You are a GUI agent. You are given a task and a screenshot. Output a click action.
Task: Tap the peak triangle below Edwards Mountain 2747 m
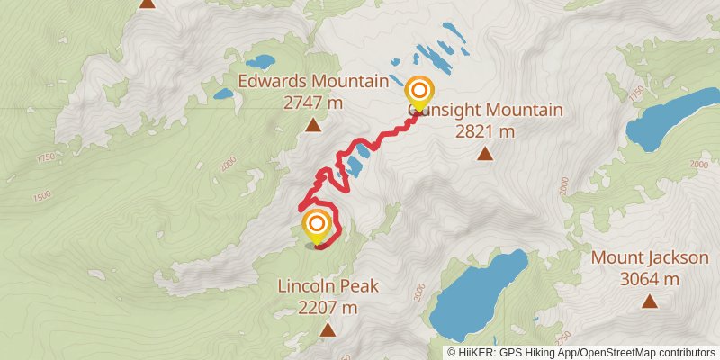pyautogui.click(x=312, y=125)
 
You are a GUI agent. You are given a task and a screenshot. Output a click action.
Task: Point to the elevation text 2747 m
pyautogui.click(x=313, y=103)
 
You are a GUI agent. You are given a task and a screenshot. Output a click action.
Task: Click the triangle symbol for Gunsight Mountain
pyautogui.click(x=485, y=154)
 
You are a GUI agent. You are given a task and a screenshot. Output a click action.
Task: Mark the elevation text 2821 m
pyautogui.click(x=484, y=131)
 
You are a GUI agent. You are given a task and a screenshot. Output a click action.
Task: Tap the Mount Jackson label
pyautogui.click(x=650, y=259)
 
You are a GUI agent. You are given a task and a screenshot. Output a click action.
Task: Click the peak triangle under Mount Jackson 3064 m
pyautogui.click(x=649, y=301)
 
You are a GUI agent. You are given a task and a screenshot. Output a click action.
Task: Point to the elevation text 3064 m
pyautogui.click(x=650, y=279)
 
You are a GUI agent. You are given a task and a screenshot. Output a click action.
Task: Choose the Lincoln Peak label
pyautogui.click(x=328, y=288)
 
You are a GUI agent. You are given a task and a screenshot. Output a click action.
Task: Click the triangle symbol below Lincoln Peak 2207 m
pyautogui.click(x=328, y=330)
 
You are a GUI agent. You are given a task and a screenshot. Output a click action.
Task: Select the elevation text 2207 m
pyautogui.click(x=328, y=308)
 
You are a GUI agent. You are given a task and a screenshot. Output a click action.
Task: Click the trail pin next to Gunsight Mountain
pyautogui.click(x=418, y=92)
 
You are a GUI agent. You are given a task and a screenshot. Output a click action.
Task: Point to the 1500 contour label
pyautogui.click(x=41, y=196)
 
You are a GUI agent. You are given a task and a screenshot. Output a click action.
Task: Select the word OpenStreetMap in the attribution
pyautogui.click(x=613, y=352)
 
